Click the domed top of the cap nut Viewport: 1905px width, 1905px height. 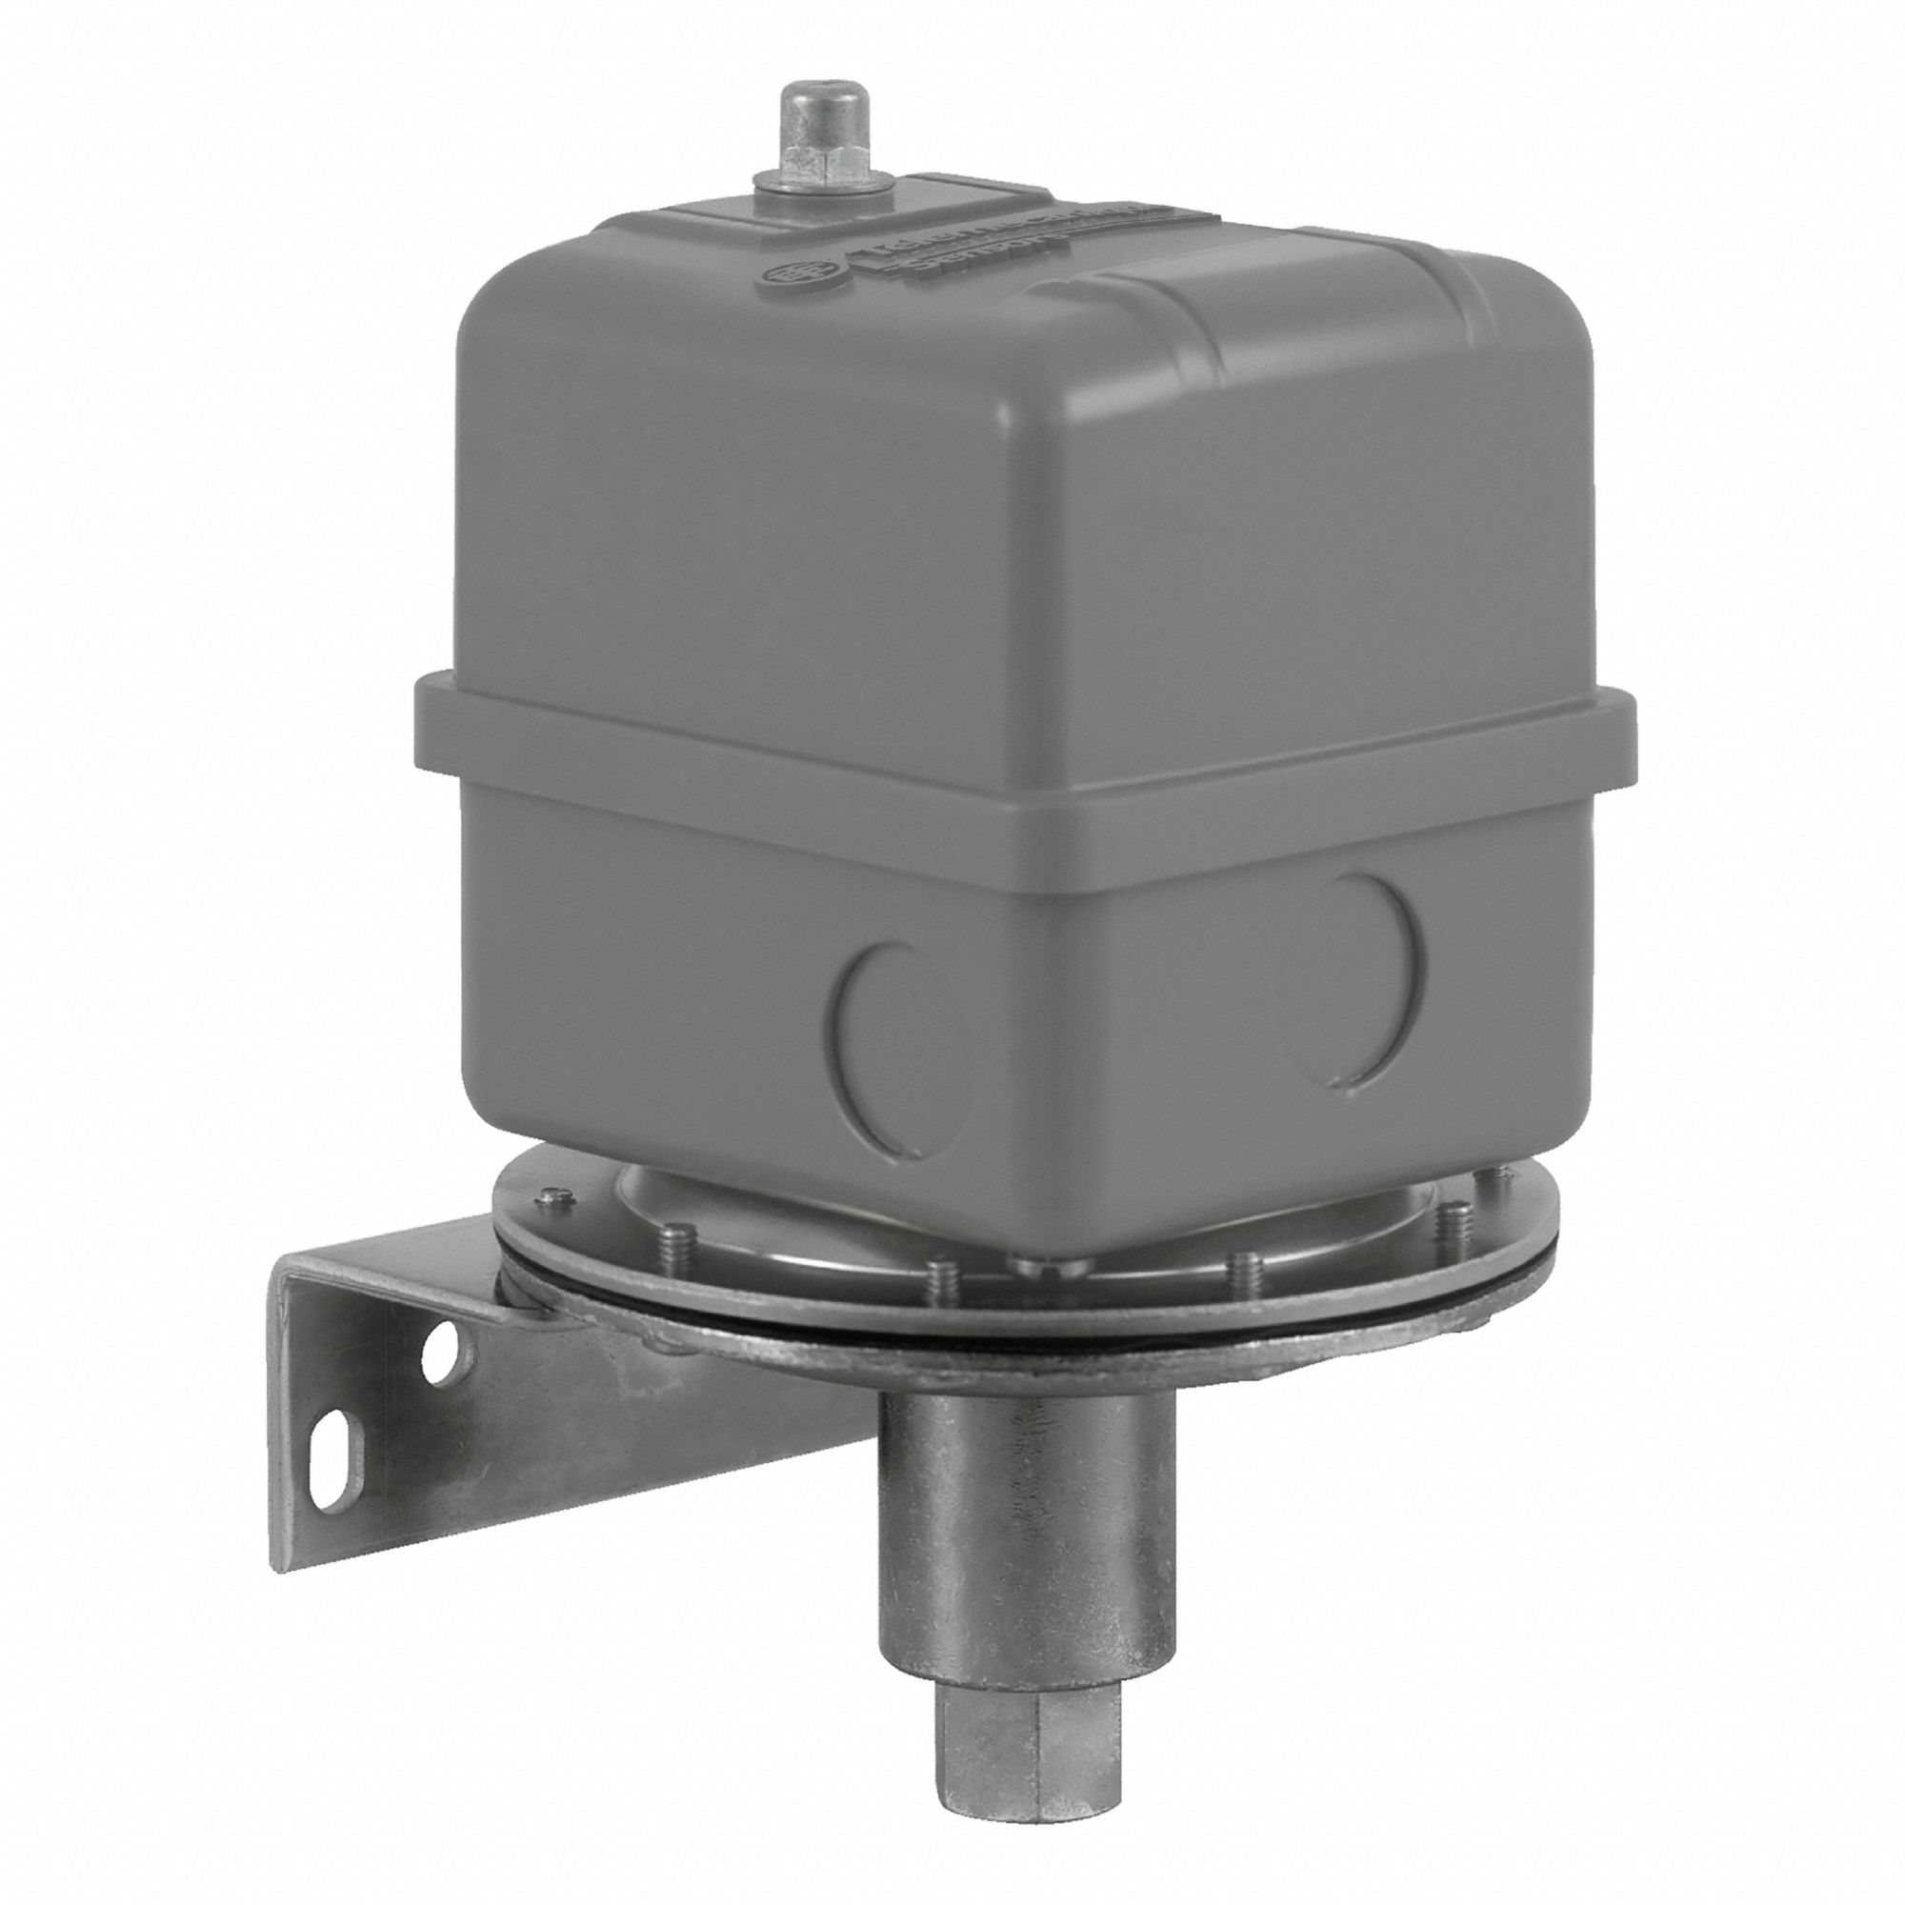pyautogui.click(x=806, y=107)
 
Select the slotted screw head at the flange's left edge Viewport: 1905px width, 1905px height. pyautogui.click(x=551, y=1196)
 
